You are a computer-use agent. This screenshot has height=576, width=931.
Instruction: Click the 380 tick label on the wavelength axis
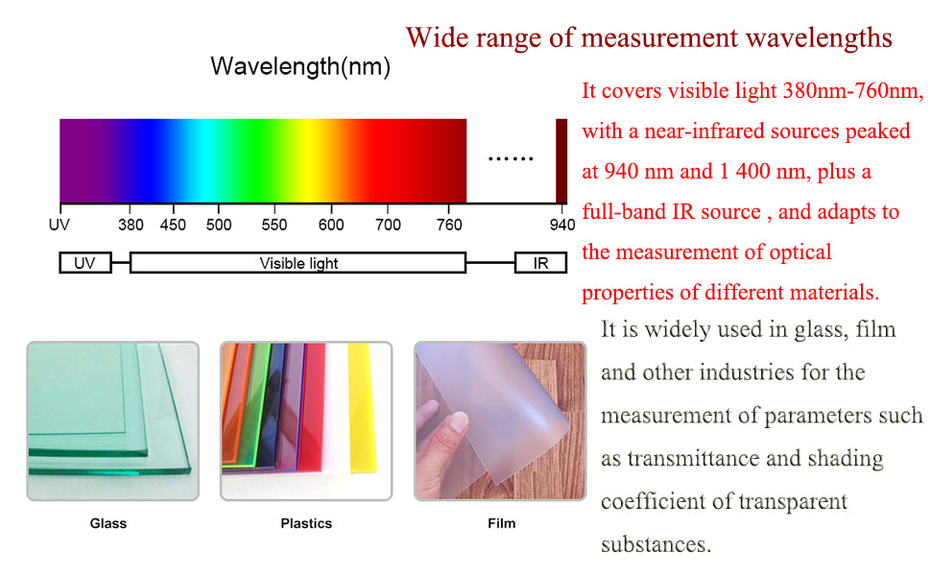click(x=131, y=225)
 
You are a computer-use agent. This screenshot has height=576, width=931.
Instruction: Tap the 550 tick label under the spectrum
click(x=275, y=225)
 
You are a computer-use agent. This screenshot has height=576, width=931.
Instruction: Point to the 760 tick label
click(x=449, y=225)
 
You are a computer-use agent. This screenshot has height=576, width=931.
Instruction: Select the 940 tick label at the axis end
click(x=562, y=225)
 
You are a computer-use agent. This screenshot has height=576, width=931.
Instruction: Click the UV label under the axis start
click(x=60, y=225)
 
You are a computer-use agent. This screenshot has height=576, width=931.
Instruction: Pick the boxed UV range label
click(x=84, y=263)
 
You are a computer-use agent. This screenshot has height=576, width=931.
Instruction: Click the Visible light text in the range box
click(x=298, y=263)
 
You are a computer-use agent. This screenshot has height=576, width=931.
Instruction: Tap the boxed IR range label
click(x=540, y=263)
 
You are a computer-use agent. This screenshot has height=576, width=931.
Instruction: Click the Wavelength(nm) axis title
click(x=300, y=66)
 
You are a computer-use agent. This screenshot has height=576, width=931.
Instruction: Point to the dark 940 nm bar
click(x=561, y=161)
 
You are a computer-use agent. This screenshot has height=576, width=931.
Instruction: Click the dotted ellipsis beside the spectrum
click(x=511, y=158)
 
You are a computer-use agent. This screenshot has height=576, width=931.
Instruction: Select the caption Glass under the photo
click(x=108, y=523)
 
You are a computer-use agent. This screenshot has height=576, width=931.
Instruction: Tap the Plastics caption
click(x=306, y=523)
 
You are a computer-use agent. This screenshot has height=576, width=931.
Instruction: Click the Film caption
click(x=502, y=523)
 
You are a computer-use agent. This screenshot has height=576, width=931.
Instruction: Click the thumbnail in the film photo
click(x=457, y=422)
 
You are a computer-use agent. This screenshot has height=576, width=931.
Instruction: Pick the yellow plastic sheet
click(x=362, y=409)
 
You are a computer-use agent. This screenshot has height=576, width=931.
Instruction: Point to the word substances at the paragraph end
click(x=656, y=544)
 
